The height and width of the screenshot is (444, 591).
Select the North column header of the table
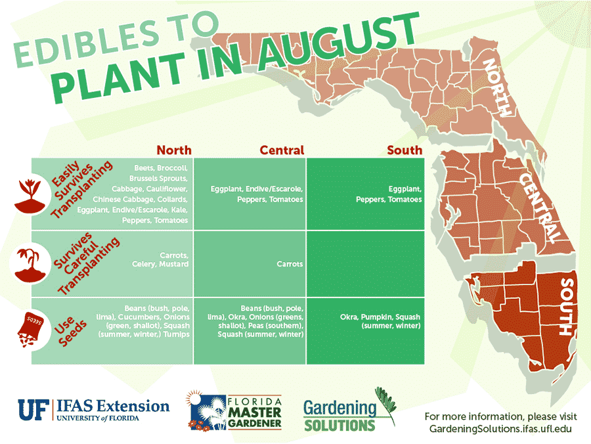pyautogui.click(x=174, y=150)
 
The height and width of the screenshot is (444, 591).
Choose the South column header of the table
pyautogui.click(x=405, y=150)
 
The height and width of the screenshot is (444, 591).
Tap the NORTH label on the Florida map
pyautogui.click(x=497, y=86)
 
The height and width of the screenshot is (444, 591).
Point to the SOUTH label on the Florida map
pyautogui.click(x=566, y=306)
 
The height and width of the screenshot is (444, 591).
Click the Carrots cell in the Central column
pyautogui.click(x=290, y=264)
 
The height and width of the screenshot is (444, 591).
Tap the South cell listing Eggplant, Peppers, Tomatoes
pyautogui.click(x=388, y=194)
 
